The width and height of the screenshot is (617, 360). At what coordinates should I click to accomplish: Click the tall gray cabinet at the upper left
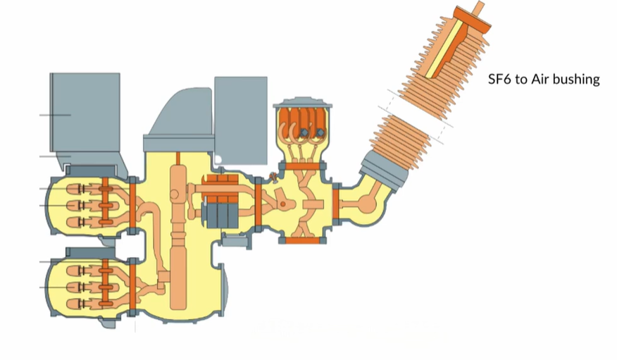(85, 112)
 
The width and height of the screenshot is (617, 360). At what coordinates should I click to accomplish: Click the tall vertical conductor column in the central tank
(178, 236)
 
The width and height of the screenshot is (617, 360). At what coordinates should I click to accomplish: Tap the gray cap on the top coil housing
(303, 103)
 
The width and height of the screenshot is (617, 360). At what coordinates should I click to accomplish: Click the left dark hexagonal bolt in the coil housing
(304, 133)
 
